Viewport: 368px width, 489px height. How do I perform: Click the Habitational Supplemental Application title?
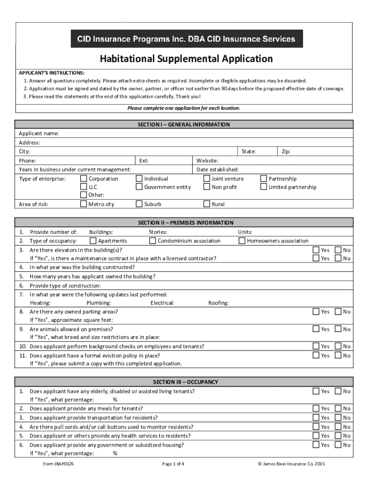tap(186, 59)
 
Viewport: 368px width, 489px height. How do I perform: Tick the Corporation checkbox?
tap(83, 179)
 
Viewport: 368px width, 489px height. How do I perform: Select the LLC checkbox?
tap(83, 187)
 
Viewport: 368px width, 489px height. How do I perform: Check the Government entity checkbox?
tap(139, 187)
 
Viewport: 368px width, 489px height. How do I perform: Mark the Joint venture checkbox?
tap(206, 179)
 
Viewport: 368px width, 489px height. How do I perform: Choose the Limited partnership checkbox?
tap(263, 187)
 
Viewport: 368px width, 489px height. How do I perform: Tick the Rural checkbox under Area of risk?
tap(206, 204)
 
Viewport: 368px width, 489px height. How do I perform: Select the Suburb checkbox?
tap(139, 204)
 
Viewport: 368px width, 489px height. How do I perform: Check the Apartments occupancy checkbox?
tap(93, 241)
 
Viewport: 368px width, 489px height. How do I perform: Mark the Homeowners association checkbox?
tap(242, 241)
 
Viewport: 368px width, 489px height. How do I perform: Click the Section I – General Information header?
tap(184, 125)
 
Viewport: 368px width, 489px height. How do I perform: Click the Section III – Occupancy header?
tap(185, 382)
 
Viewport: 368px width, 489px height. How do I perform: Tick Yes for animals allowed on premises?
tap(316, 329)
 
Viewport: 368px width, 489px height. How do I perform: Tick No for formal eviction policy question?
tap(338, 355)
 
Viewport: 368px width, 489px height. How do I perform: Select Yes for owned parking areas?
tap(316, 311)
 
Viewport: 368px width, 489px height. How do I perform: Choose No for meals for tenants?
tap(338, 408)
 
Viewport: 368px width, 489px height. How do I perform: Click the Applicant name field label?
tap(39, 133)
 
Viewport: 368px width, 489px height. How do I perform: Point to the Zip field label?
tap(286, 151)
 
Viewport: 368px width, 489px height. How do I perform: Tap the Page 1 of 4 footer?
tap(173, 464)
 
